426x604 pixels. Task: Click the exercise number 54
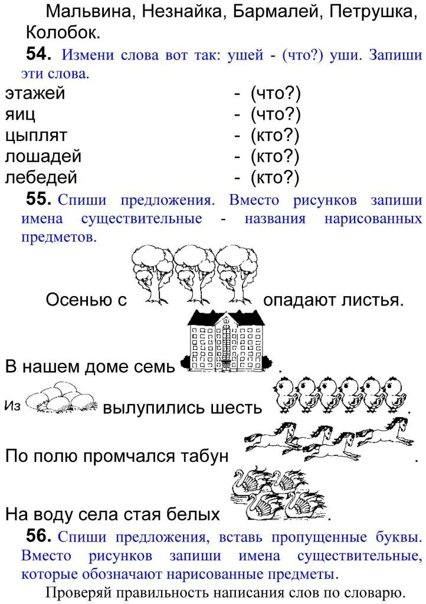(x=40, y=55)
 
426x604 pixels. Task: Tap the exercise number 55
(x=40, y=199)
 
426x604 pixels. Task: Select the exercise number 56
(x=40, y=536)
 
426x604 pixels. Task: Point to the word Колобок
(x=63, y=32)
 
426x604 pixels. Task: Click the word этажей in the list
(x=35, y=93)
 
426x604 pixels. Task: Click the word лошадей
(x=43, y=157)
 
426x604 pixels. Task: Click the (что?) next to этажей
(x=275, y=93)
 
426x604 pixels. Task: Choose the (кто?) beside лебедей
(x=275, y=178)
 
